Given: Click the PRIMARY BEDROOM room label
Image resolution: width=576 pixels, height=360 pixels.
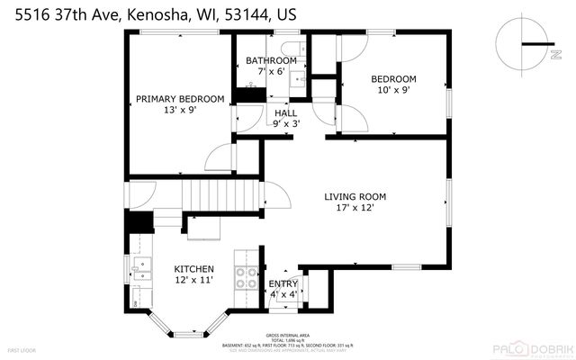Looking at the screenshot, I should coord(179,99).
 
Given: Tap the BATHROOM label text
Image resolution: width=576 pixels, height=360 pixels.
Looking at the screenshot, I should coord(271,61).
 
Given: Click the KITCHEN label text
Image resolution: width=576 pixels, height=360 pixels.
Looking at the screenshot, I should coord(193,268).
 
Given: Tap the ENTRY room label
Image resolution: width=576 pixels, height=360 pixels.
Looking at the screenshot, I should coord(283,283).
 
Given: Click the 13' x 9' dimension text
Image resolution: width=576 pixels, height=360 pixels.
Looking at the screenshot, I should coord(179,111).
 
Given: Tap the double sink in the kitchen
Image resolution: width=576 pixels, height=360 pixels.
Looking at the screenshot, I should coord(140,267).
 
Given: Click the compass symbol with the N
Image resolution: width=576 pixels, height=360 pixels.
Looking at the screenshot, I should coord(523,44).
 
